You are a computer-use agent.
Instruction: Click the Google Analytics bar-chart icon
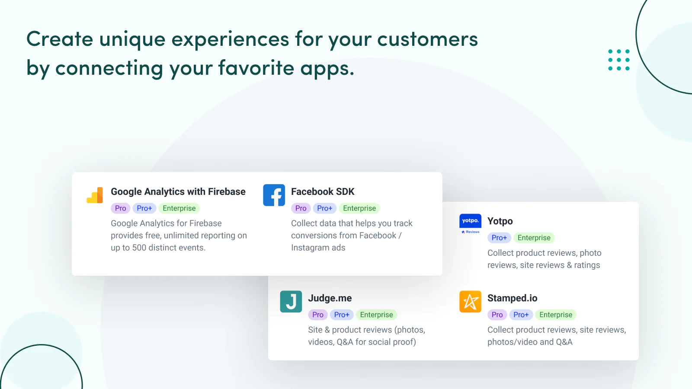tap(95, 195)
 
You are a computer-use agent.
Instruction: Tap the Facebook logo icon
tap(274, 195)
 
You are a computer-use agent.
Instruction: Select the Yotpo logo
tap(470, 224)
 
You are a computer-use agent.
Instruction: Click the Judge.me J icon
tap(291, 302)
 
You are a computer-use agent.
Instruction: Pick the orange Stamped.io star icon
tap(470, 302)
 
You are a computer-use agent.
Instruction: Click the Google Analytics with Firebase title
tap(178, 192)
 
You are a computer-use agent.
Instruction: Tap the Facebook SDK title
tap(323, 192)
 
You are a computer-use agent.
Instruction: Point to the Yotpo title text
tap(500, 221)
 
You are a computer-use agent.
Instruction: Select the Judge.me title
tap(330, 298)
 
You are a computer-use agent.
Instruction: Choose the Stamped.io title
tap(513, 298)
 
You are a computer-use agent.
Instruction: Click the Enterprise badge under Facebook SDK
tap(359, 208)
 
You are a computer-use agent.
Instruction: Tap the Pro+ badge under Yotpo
tap(499, 238)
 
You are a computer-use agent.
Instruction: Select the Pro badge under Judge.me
tap(318, 315)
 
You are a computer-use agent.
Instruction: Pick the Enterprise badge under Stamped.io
tap(556, 315)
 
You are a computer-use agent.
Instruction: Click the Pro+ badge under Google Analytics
tap(144, 208)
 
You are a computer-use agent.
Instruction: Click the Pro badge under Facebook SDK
tap(301, 208)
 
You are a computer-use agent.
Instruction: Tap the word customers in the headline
tap(428, 39)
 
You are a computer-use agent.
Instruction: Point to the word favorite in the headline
tap(256, 67)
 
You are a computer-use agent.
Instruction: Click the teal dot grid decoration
tap(619, 60)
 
